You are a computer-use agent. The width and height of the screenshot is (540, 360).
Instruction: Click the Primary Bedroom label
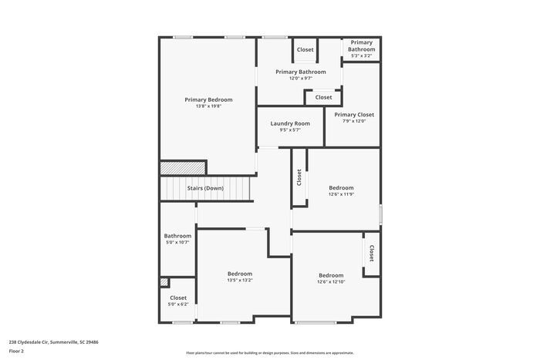pyautogui.click(x=208, y=99)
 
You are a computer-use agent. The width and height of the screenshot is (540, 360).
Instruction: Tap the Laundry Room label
pyautogui.click(x=290, y=123)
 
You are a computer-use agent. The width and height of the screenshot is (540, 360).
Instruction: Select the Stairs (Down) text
pyautogui.click(x=205, y=188)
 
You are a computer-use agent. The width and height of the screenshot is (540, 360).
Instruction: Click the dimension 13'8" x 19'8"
pyautogui.click(x=208, y=106)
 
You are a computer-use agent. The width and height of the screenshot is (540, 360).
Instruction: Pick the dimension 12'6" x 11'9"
pyautogui.click(x=341, y=194)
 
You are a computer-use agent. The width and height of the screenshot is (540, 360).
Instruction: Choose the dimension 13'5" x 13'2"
pyautogui.click(x=239, y=281)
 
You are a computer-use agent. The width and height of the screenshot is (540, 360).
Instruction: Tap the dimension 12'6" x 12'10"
pyautogui.click(x=331, y=282)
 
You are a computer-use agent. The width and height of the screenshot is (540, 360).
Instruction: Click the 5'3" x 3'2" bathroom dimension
pyautogui.click(x=361, y=56)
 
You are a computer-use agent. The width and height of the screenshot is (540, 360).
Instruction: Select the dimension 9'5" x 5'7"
pyautogui.click(x=290, y=130)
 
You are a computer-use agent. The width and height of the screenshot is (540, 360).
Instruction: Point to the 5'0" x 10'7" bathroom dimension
pyautogui.click(x=177, y=243)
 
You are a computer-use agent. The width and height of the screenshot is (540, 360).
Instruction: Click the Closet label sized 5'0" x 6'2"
pyautogui.click(x=178, y=298)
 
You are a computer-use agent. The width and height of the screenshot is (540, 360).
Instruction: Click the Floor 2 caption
pyautogui.click(x=16, y=351)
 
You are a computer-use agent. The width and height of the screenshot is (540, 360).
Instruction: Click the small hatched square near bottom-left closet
pyautogui.click(x=164, y=282)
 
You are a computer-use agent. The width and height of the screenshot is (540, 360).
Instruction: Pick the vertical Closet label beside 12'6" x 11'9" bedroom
pyautogui.click(x=299, y=178)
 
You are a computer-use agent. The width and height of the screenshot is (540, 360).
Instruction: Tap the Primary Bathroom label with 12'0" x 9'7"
pyautogui.click(x=301, y=72)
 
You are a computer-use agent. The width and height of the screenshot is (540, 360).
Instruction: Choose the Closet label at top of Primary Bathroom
pyautogui.click(x=305, y=50)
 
